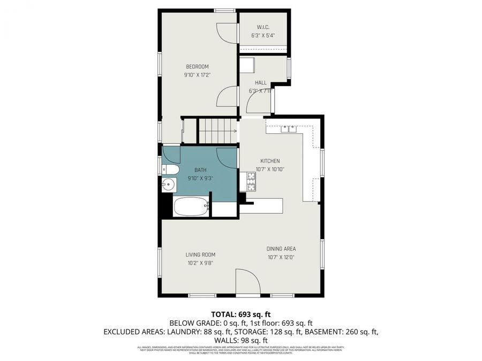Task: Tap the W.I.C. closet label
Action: (262, 27)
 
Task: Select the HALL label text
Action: (261, 82)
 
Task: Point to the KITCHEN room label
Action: (270, 161)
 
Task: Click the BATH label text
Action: (201, 170)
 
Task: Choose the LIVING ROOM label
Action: (200, 255)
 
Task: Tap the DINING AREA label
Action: (281, 249)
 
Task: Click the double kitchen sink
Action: (289, 128)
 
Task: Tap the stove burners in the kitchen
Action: (250, 181)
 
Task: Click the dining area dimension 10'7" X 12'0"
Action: (281, 257)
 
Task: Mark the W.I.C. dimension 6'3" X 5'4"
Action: (262, 36)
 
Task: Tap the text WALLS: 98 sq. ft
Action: (240, 340)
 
